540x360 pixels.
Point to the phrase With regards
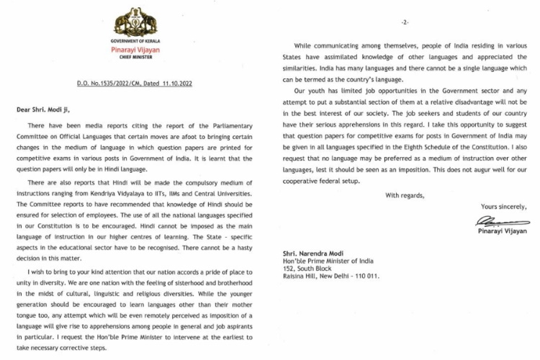[x=405, y=195]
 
